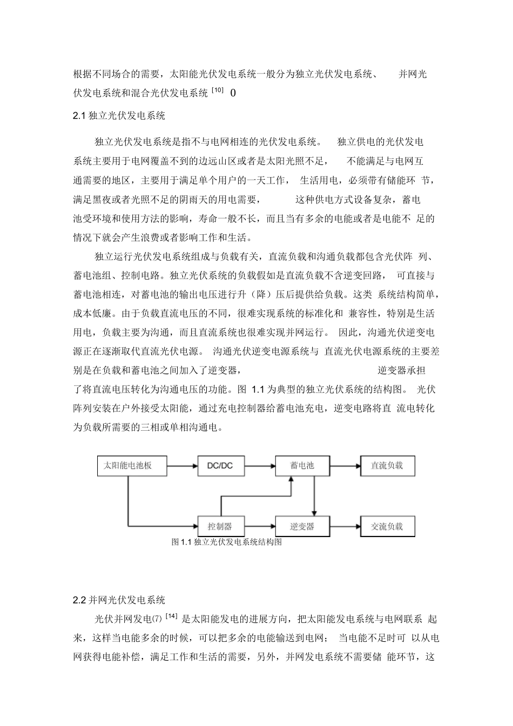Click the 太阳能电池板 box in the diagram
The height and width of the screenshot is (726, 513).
(x=127, y=465)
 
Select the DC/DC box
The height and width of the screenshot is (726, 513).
(x=220, y=465)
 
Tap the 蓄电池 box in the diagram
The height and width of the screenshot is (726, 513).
(x=302, y=465)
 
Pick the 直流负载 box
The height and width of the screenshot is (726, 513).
(x=387, y=465)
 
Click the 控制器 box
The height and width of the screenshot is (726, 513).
(x=220, y=526)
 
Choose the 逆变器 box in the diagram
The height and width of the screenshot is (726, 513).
(x=302, y=526)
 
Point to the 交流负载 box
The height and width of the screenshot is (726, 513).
(x=387, y=526)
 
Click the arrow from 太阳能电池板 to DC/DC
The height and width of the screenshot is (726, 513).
(x=180, y=465)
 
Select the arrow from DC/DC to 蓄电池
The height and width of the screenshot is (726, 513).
(x=260, y=465)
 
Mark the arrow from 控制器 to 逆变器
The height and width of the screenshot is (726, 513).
(x=260, y=526)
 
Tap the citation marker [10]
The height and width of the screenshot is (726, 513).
(x=217, y=91)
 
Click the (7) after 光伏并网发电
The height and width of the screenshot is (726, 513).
(x=157, y=619)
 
